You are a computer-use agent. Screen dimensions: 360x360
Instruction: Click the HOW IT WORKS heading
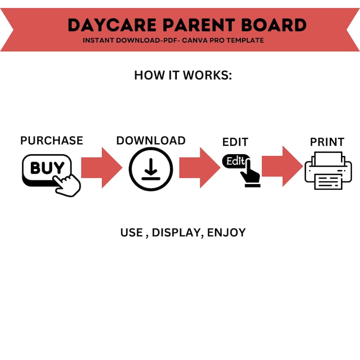[183, 75]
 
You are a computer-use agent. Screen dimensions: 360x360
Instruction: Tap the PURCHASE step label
[52, 141]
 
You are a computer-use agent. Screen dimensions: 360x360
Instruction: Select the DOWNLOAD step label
[151, 141]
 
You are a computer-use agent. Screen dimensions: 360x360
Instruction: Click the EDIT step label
[235, 142]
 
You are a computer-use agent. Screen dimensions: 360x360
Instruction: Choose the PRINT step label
[327, 142]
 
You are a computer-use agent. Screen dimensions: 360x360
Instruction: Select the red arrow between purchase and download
[102, 167]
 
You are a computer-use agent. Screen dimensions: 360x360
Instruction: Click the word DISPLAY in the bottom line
[176, 233]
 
